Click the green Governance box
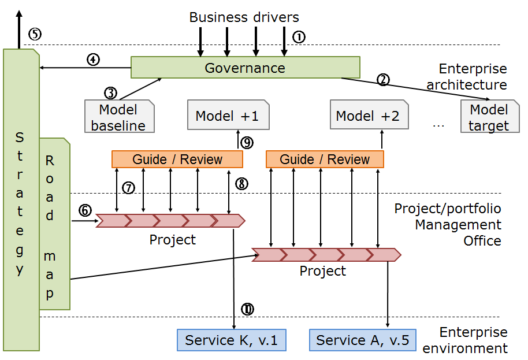pos(245,68)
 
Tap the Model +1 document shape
pos(226,116)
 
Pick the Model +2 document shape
pos(368,116)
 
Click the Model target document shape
pos(489,117)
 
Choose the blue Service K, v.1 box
pos(231,340)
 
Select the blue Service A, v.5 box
pos(362,340)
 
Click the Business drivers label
pos(244,17)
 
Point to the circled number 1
pos(298,37)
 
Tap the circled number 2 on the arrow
pos(382,80)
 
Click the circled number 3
pos(110,92)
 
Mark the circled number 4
pos(92,59)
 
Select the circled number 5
pos(35,34)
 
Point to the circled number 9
pos(247,143)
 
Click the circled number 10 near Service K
pos(247,309)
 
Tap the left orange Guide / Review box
pos(177,159)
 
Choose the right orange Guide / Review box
pos(325,159)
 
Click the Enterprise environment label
pos(465,340)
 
